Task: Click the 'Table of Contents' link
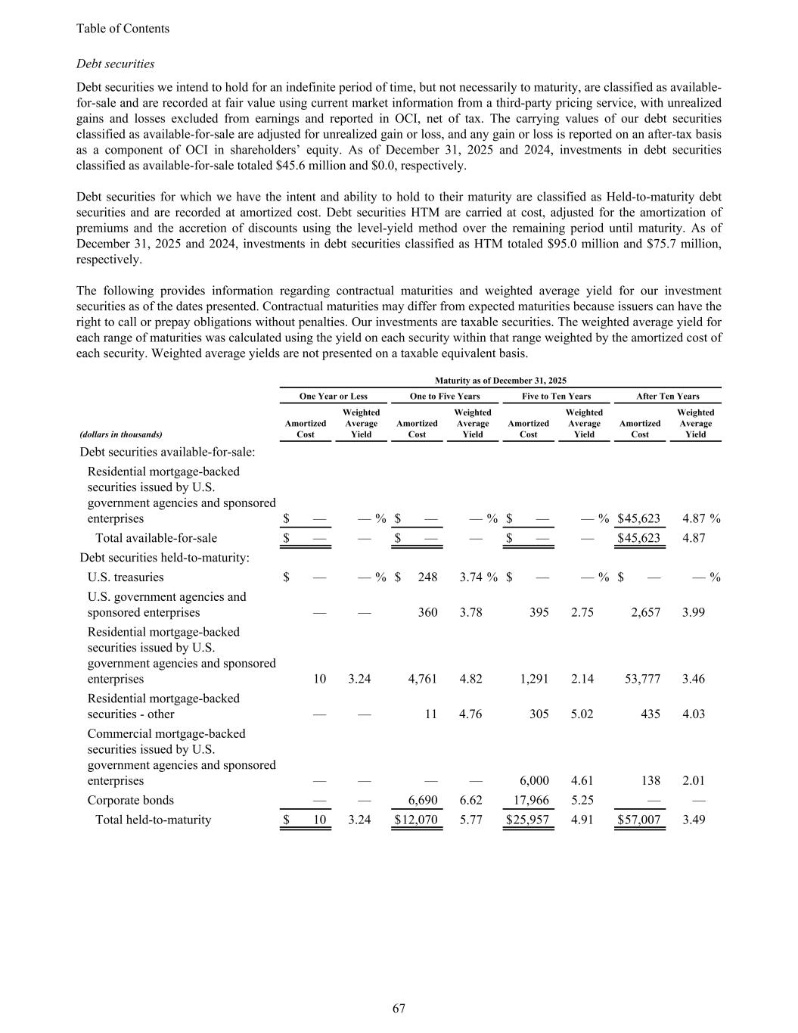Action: pos(123,29)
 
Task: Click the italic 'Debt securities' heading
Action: pos(115,64)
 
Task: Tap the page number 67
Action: pos(399,1008)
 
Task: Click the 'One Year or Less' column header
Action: pos(333,396)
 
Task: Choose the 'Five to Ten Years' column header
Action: pos(556,396)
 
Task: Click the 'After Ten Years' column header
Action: pos(667,396)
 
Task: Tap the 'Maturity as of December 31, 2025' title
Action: pos(501,381)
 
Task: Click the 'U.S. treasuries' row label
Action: pos(126,577)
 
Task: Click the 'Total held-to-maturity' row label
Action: pos(153,820)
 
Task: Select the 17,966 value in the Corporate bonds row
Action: pos(532,800)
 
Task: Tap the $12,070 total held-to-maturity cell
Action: pos(416,820)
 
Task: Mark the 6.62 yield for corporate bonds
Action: pos(470,800)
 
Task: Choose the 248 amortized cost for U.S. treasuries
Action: pos(427,577)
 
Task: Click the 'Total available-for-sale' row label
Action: pos(156,538)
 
